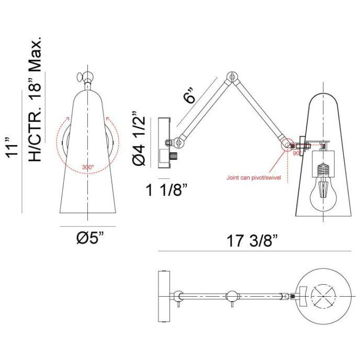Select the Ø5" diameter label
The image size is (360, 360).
tap(86, 239)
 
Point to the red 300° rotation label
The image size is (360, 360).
tap(87, 167)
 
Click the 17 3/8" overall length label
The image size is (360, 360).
tap(253, 242)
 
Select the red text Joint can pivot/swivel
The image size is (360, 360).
tap(254, 178)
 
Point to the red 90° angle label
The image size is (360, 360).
tap(296, 154)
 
